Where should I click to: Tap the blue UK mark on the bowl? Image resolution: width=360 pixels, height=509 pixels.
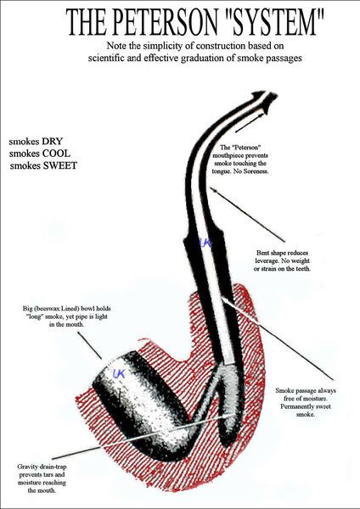point(119,373)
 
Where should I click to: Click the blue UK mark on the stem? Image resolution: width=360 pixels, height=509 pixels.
point(206,243)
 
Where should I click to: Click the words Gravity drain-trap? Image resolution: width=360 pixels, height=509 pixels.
point(42,467)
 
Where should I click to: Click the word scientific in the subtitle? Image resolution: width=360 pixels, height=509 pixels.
point(104,58)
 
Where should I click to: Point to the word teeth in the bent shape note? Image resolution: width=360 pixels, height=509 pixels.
point(302,269)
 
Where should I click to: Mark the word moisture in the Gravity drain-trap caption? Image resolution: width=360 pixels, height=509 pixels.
point(29,483)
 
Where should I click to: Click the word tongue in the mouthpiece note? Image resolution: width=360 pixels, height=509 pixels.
point(221,171)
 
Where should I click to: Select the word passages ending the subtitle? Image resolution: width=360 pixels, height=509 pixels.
point(286,58)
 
